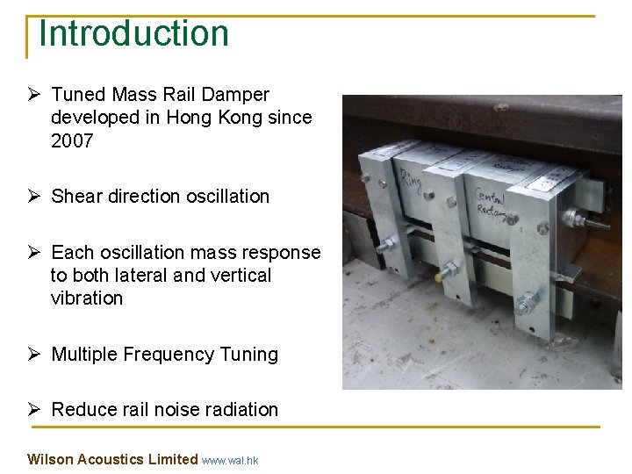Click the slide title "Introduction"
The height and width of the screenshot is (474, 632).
pos(134,33)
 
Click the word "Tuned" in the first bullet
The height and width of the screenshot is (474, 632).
pos(78,95)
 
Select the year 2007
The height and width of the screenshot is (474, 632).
pos(72,140)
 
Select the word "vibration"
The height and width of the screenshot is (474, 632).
pos(87,298)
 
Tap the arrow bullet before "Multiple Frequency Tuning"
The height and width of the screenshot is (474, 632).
pos(36,355)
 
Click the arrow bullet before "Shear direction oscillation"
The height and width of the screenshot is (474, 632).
pos(36,197)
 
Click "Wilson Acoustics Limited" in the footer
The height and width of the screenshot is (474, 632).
pos(112,459)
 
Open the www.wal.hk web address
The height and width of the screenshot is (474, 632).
pos(230,460)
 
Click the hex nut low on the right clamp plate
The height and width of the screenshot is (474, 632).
pos(527,305)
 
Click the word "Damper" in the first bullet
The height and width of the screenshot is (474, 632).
pos(239,95)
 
